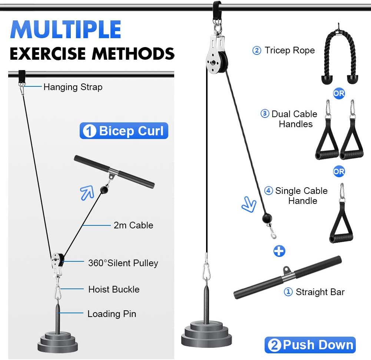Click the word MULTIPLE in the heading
click(66, 30)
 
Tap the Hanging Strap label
click(73, 87)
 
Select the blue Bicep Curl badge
click(124, 131)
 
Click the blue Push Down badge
click(310, 345)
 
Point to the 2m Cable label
click(133, 225)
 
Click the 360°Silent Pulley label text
click(123, 263)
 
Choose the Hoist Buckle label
click(114, 289)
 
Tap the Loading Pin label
click(112, 314)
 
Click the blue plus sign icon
click(279, 251)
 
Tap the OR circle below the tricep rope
click(339, 93)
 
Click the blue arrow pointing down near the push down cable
click(249, 205)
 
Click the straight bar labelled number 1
click(287, 277)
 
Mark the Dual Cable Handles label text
click(295, 119)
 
